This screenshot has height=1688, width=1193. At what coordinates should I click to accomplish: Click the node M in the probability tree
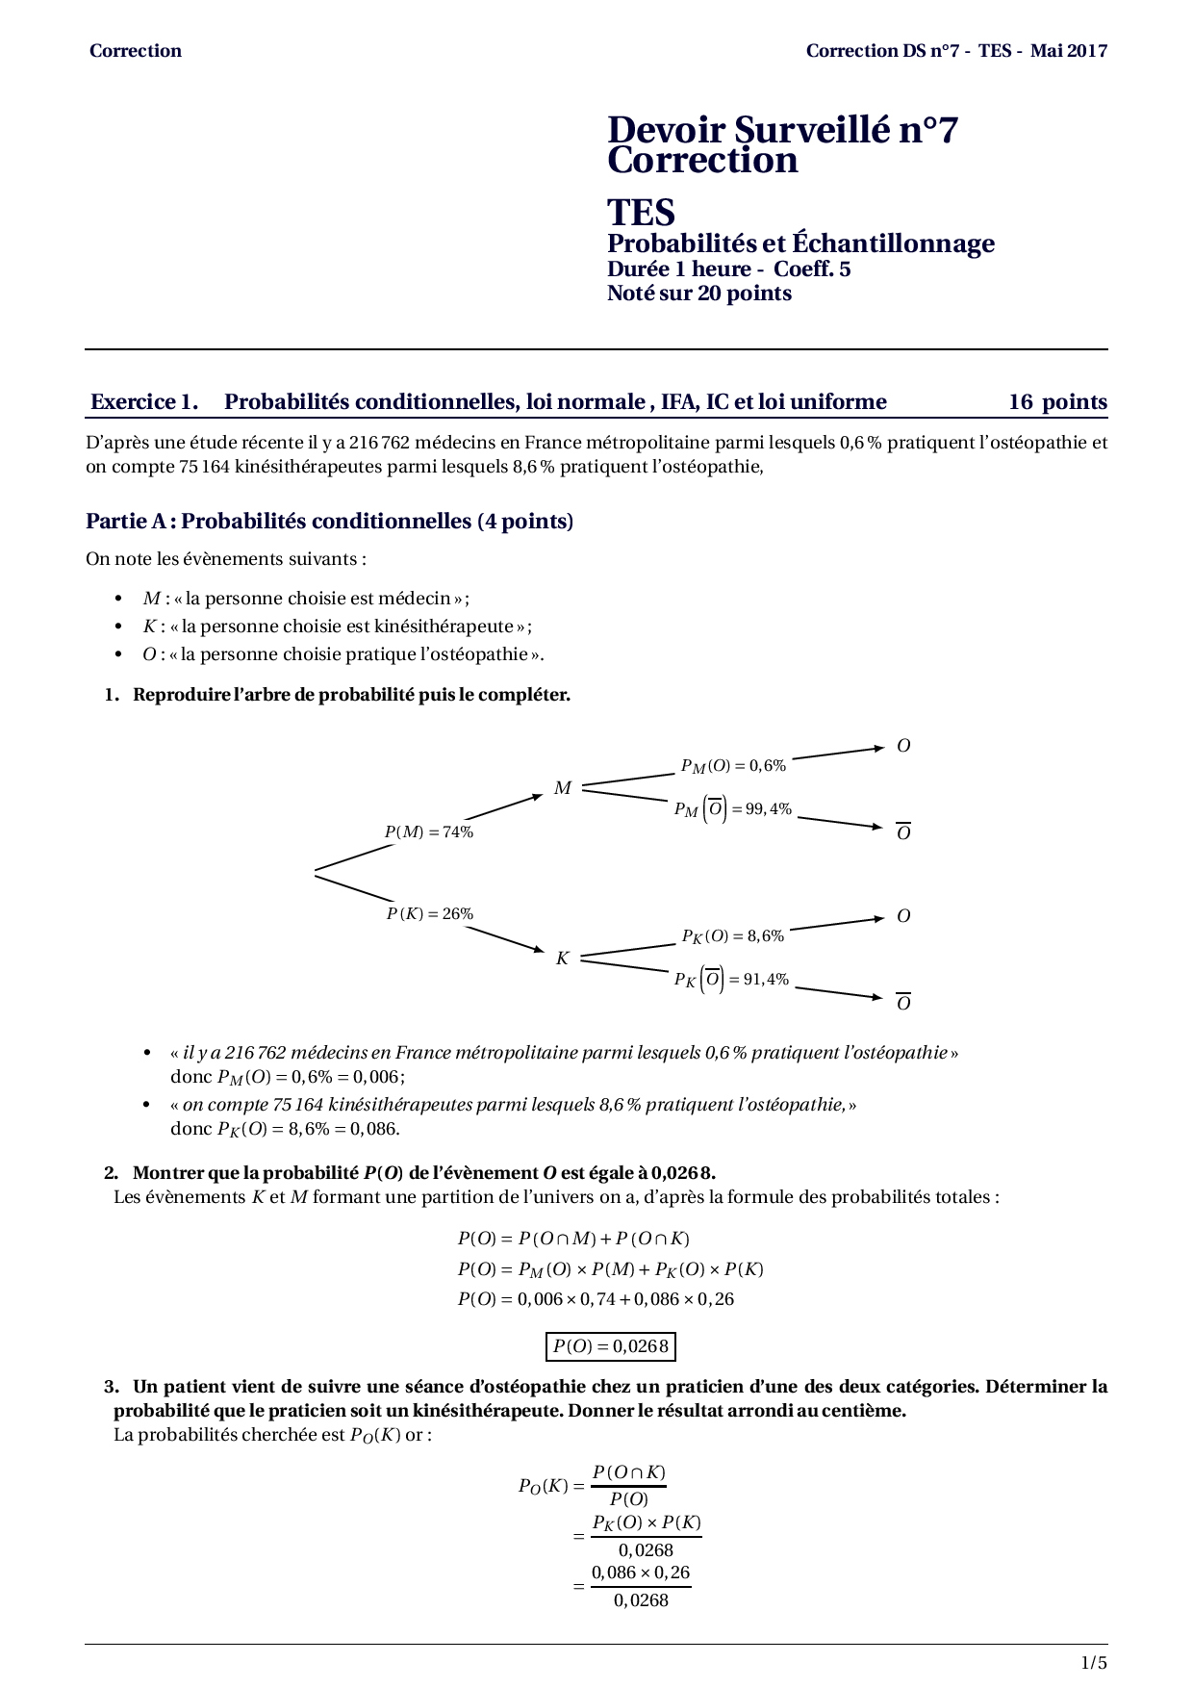(x=563, y=788)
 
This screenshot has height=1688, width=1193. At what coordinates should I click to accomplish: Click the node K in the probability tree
(x=563, y=959)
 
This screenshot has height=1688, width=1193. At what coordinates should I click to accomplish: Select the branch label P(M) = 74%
(x=429, y=832)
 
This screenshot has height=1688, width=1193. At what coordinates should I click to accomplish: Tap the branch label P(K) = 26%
(x=430, y=913)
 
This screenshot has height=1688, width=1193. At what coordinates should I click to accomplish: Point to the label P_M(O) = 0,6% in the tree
(x=733, y=766)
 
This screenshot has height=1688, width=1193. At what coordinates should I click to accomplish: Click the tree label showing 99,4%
(x=733, y=809)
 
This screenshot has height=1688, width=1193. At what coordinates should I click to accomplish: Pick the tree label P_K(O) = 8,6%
(x=733, y=936)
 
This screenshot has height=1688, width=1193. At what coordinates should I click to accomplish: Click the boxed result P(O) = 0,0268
(x=610, y=1346)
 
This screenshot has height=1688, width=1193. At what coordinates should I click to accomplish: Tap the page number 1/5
(x=1094, y=1663)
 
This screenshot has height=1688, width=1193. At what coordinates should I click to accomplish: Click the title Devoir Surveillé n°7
(x=782, y=130)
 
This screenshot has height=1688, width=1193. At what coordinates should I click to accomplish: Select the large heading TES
(x=641, y=212)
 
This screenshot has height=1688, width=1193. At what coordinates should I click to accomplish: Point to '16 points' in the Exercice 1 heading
(x=1057, y=402)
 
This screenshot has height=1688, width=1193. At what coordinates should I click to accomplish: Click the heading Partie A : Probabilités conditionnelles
(x=329, y=522)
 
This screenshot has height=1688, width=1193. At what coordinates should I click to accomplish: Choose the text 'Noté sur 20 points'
(x=699, y=294)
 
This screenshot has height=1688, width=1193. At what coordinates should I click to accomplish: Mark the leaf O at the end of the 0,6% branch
(x=903, y=746)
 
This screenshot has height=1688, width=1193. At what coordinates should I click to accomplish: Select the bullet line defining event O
(x=343, y=654)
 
